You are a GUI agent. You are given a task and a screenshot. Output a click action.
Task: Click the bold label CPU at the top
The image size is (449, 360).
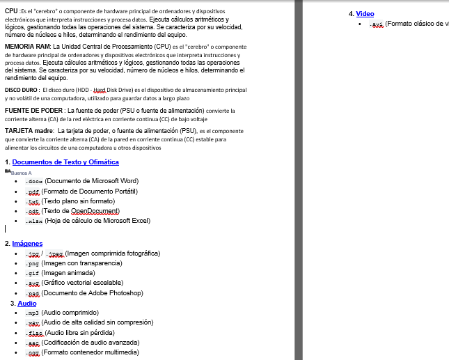pos(10,11)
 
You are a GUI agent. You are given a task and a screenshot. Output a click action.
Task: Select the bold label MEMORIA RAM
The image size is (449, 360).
pos(27,46)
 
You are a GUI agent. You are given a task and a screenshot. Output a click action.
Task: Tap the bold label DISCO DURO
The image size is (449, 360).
pos(21,91)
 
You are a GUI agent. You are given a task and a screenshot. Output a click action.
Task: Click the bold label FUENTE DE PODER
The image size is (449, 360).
pos(34,110)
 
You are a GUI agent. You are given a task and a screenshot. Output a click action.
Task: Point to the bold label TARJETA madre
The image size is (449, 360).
pos(29,130)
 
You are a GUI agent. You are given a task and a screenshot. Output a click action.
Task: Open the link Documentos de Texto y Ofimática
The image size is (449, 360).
pos(65,162)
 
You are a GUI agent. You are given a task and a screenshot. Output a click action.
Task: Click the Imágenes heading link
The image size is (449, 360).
pos(27,244)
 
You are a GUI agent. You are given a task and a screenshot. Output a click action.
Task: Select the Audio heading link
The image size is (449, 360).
pos(27,304)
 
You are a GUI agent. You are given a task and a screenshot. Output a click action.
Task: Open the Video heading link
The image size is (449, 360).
pos(365,14)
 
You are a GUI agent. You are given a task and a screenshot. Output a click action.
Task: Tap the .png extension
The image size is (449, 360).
pos(32,264)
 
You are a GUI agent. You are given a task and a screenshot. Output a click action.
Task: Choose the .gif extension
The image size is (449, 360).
pos(32,274)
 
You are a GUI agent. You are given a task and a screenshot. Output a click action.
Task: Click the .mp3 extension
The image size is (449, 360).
pos(32,313)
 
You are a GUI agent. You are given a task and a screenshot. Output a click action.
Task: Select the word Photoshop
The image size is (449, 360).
pos(125,293)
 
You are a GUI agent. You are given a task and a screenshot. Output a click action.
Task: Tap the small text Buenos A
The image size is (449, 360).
pos(22,173)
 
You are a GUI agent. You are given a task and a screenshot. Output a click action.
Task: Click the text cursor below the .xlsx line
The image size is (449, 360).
pos(6,228)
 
